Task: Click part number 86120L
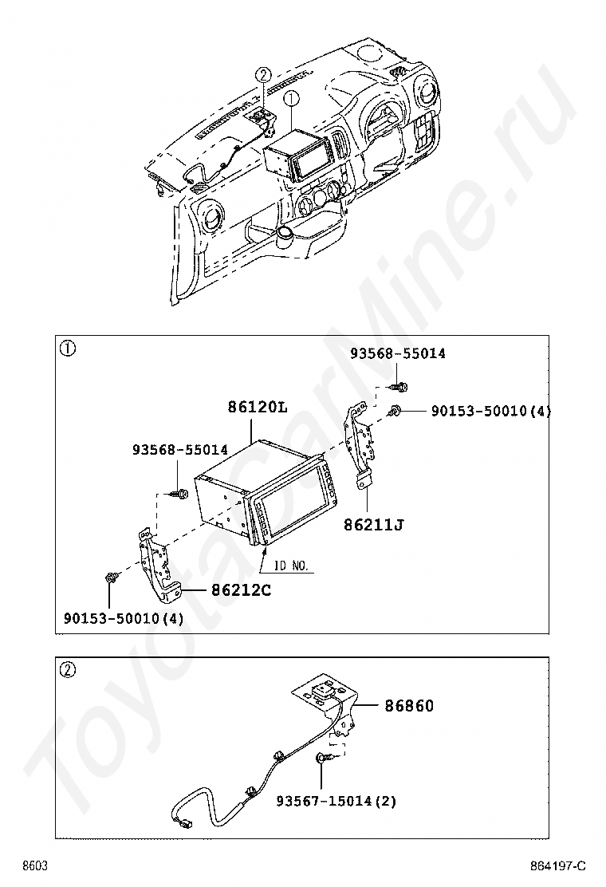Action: pyautogui.click(x=257, y=407)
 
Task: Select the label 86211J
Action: pyautogui.click(x=373, y=524)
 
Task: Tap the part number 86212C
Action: pyautogui.click(x=241, y=591)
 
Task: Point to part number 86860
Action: pyautogui.click(x=409, y=706)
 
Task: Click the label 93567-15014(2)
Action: pyautogui.click(x=336, y=800)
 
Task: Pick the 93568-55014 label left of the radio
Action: pyautogui.click(x=180, y=450)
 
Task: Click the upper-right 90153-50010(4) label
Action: pyautogui.click(x=490, y=411)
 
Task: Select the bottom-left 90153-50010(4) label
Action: pyautogui.click(x=124, y=618)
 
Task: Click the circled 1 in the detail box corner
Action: pyautogui.click(x=69, y=349)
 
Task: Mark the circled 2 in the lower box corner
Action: pyautogui.click(x=69, y=670)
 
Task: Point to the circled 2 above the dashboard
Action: pyautogui.click(x=263, y=76)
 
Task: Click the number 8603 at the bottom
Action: pyautogui.click(x=34, y=866)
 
